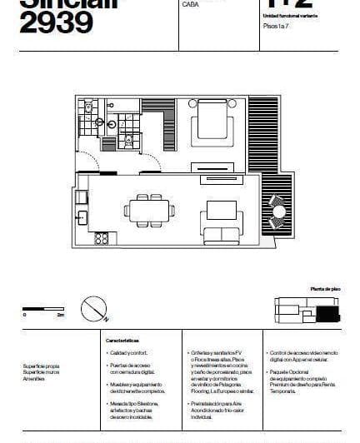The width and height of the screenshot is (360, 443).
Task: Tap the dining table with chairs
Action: [x=150, y=211]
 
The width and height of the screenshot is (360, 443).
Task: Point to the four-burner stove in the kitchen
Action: [x=102, y=238]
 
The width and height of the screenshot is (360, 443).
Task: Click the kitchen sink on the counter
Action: [x=82, y=218]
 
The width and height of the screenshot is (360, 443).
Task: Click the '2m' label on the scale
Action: [x=60, y=316]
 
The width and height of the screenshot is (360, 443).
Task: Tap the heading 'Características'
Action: [x=122, y=341]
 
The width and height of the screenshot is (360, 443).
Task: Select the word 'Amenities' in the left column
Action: [x=36, y=379]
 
